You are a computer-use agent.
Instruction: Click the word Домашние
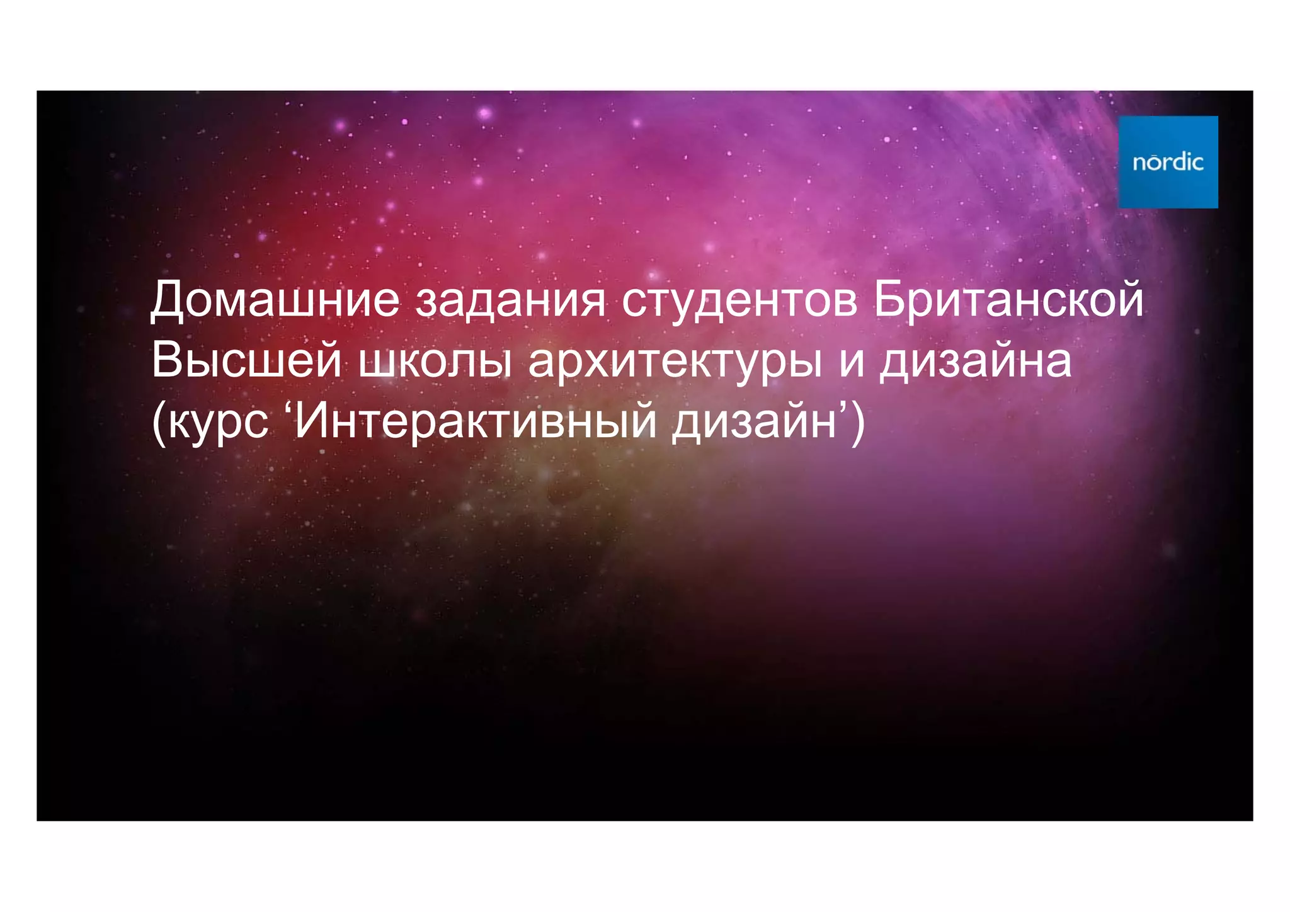(x=275, y=300)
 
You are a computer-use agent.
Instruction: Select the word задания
(x=510, y=301)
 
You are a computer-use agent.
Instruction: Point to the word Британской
(x=1008, y=300)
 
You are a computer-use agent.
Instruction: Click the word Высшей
(x=246, y=360)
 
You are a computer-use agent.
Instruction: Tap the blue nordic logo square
(x=1168, y=162)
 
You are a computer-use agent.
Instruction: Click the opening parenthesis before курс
(x=158, y=423)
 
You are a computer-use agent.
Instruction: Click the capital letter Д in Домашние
(x=167, y=301)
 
